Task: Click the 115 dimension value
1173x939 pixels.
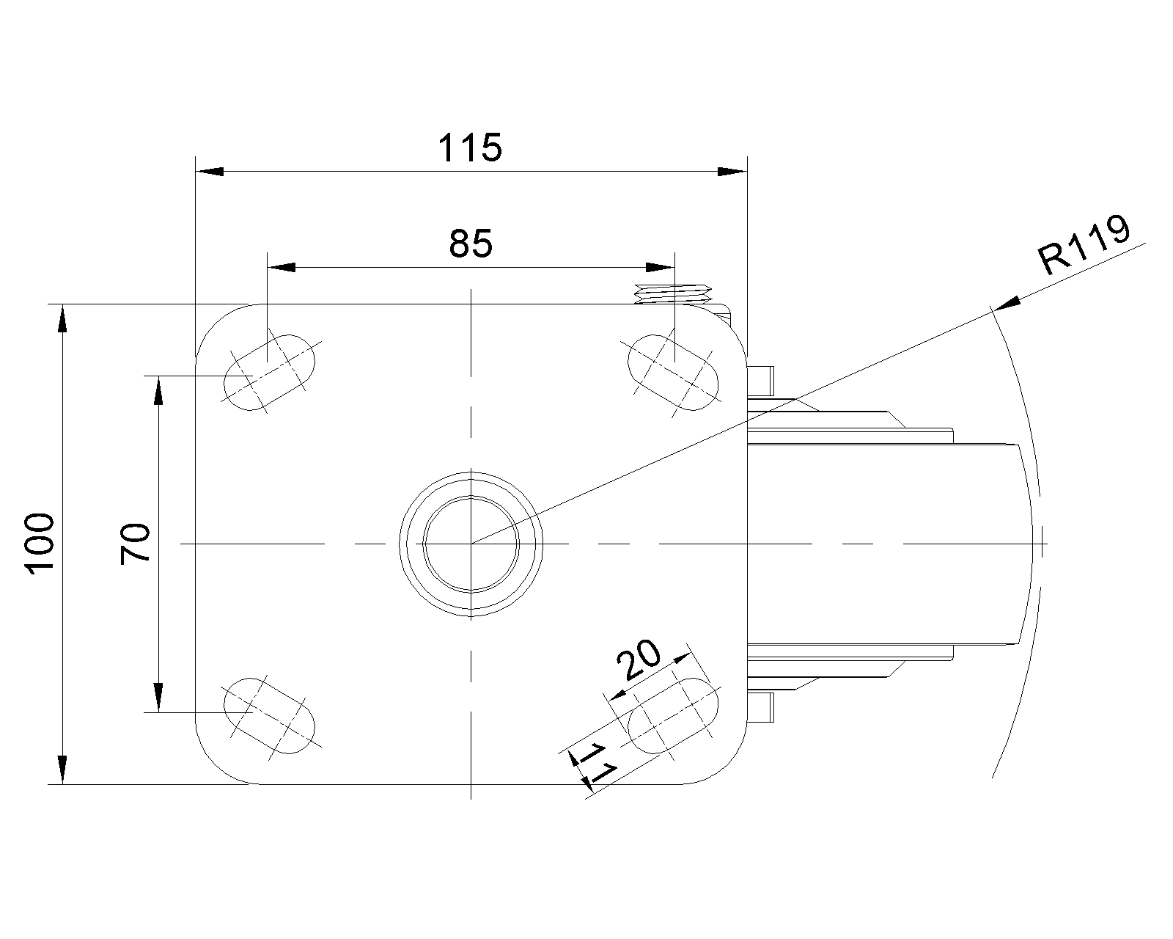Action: (x=470, y=148)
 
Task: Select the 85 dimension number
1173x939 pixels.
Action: (x=470, y=244)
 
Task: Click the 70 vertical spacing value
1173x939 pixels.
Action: (x=136, y=544)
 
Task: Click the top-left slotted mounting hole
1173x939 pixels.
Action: (x=269, y=372)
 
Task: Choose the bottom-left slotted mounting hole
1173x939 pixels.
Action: (x=269, y=715)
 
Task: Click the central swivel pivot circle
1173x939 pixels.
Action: (x=471, y=544)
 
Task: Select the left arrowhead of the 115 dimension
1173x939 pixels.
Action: (x=210, y=172)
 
